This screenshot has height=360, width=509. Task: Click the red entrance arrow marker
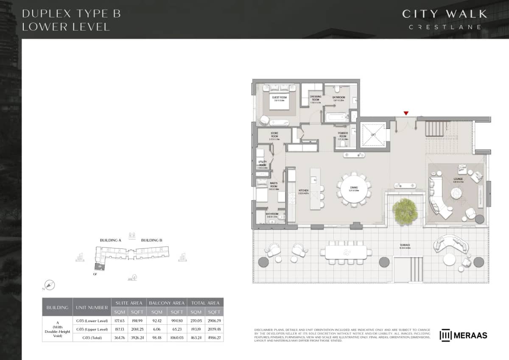tap(406, 113)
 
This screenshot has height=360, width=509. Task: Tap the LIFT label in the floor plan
tap(373, 135)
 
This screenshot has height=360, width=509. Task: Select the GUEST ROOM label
tap(280, 97)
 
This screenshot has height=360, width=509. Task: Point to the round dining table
tap(354, 189)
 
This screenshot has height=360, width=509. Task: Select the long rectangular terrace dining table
tap(346, 252)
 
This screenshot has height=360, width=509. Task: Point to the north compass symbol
tap(50, 285)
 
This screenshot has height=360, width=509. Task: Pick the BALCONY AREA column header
tap(167, 303)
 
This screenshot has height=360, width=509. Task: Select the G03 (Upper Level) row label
tap(92, 329)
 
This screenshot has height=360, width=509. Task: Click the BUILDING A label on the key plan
tap(111, 240)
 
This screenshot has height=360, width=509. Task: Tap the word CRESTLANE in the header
tap(445, 27)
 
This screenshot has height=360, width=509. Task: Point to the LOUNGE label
tap(458, 179)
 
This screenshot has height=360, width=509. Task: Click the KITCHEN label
tap(303, 191)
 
